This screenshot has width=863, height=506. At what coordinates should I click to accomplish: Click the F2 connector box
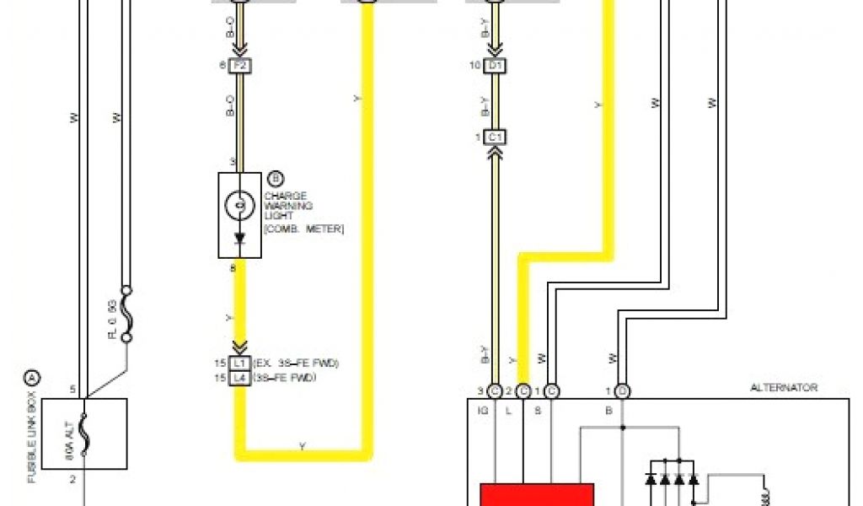tap(239, 65)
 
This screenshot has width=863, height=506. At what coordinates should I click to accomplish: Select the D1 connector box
tap(495, 65)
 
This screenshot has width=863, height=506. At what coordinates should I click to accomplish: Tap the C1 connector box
tap(495, 137)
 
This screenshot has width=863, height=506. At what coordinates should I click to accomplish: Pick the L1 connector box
tap(239, 363)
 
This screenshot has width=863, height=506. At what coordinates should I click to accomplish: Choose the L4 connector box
tap(239, 377)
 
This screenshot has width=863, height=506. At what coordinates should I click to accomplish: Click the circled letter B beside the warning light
tap(275, 178)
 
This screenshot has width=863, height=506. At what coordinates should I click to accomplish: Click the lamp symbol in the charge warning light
tap(239, 204)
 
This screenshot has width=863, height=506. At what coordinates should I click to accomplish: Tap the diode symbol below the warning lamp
tap(239, 239)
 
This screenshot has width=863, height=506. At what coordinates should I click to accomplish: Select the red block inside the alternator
tap(537, 494)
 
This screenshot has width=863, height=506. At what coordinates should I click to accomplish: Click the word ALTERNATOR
tap(784, 388)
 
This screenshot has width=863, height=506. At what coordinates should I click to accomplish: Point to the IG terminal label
tap(483, 411)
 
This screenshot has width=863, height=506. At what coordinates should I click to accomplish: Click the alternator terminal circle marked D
tap(622, 390)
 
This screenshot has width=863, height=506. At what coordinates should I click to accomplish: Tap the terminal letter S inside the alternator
tap(539, 411)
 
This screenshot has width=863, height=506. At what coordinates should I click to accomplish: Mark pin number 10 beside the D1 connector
tap(476, 65)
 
